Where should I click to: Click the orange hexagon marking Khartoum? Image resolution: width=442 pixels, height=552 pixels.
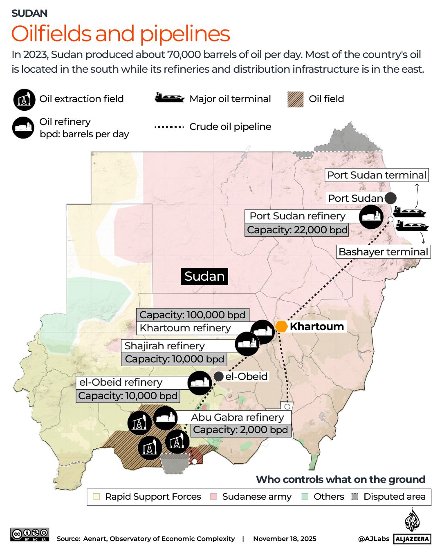(281, 326)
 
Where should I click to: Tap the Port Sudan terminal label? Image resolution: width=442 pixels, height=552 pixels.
(377, 175)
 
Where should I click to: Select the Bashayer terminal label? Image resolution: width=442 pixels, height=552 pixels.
(383, 252)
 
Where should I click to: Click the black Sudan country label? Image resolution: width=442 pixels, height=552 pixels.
(204, 276)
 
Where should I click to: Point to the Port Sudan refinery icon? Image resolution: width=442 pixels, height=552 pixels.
(371, 216)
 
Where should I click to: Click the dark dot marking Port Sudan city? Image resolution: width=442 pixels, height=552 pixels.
(390, 198)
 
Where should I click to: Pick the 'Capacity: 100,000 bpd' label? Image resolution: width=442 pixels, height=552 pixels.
(193, 315)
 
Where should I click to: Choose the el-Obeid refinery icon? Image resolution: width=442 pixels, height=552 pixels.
(200, 383)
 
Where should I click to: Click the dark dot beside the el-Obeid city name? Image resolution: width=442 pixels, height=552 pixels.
(219, 376)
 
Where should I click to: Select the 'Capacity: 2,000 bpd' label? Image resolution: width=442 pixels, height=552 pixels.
(241, 430)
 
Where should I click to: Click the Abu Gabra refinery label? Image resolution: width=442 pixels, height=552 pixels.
(237, 417)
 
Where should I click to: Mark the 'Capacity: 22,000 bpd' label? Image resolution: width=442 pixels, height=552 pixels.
(297, 230)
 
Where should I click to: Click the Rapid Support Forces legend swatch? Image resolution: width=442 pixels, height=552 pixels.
(96, 496)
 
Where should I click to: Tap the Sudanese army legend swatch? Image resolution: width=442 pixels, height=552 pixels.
(213, 496)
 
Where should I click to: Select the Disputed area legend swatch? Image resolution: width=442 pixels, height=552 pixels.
(355, 496)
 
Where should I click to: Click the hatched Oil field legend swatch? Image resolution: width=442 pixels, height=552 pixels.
(296, 99)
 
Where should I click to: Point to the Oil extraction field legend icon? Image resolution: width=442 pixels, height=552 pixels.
(24, 99)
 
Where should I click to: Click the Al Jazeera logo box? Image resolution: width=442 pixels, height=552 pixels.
(412, 539)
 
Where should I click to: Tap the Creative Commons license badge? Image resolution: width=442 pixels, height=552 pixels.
(30, 534)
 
